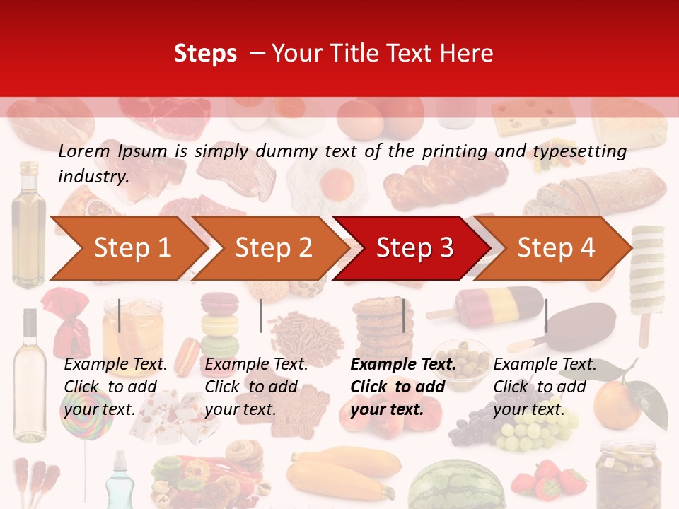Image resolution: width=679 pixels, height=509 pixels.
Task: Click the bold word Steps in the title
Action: tap(205, 53)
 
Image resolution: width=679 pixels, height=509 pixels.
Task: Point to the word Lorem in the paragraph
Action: tap(84, 151)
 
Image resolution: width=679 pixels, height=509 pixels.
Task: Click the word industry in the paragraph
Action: tap(93, 177)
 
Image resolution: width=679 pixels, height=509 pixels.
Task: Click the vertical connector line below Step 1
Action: tap(120, 315)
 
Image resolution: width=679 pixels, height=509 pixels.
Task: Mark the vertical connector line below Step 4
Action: tap(546, 315)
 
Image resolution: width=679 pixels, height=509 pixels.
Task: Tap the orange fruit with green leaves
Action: tap(617, 404)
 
